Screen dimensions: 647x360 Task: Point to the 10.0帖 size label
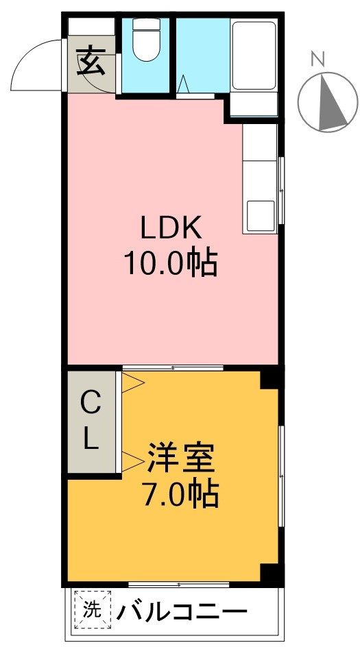point(170,263)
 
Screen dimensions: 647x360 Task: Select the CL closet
point(92,422)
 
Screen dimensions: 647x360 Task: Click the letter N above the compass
point(317,60)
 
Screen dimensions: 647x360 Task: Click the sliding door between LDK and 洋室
point(173,369)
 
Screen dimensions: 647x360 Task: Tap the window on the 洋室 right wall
point(280,476)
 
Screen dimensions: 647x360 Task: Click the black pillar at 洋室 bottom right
point(272,574)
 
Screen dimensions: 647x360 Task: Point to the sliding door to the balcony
point(180,585)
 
